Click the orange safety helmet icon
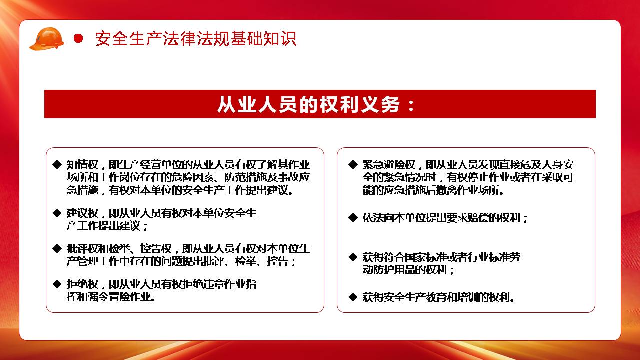(x=47, y=39)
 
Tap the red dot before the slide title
(x=78, y=38)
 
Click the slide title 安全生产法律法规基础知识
(x=196, y=39)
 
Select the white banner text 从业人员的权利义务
(x=308, y=104)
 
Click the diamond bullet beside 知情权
(x=57, y=164)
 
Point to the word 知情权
(x=82, y=165)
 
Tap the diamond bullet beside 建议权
(x=57, y=213)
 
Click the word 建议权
(x=82, y=213)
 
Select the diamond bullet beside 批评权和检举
(x=57, y=248)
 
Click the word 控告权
(x=156, y=249)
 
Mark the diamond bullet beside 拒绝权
(x=57, y=284)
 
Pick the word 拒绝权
(x=82, y=284)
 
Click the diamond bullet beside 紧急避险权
(x=353, y=164)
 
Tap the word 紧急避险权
(x=389, y=165)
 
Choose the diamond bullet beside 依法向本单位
(x=353, y=218)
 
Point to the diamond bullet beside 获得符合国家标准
(x=353, y=257)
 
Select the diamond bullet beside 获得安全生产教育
(x=353, y=297)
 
